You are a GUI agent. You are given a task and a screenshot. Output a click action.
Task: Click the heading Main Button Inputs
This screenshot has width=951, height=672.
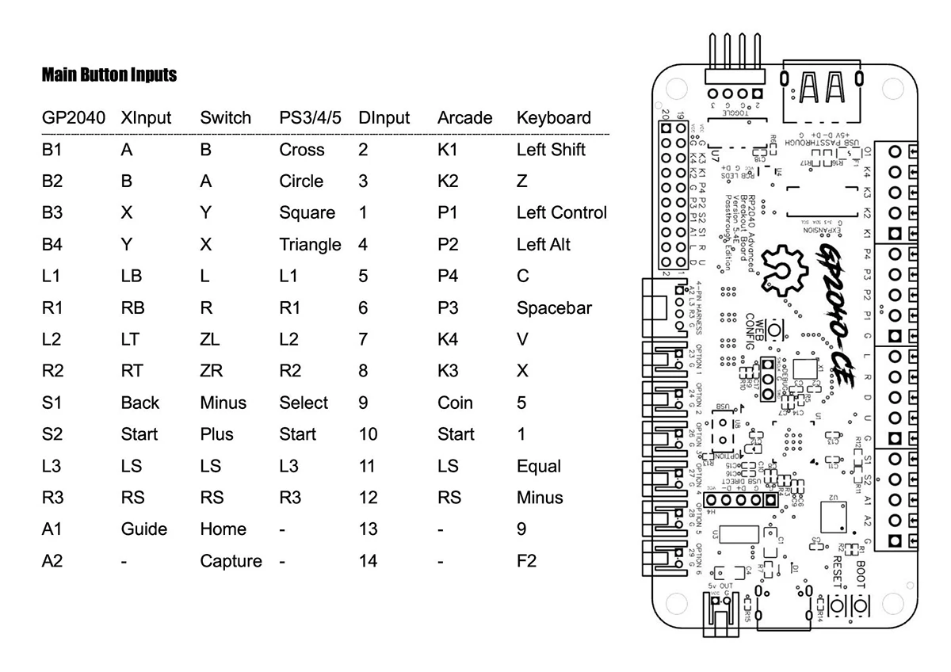tap(109, 75)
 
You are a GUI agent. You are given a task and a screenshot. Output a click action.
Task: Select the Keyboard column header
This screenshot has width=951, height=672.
tap(553, 118)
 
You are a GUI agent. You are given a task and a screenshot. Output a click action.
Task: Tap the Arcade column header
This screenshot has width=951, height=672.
tap(464, 118)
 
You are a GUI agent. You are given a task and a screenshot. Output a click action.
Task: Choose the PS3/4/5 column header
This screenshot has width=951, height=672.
tap(310, 118)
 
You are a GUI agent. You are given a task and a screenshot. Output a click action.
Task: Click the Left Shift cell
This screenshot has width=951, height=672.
tap(551, 149)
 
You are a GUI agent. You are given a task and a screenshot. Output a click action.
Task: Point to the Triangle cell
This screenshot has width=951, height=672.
tap(310, 244)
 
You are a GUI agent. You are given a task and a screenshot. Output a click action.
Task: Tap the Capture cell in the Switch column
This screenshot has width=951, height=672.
tap(231, 561)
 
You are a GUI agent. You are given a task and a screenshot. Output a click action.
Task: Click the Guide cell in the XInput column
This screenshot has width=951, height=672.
tap(144, 529)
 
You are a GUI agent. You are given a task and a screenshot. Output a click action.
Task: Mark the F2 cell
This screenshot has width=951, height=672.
tap(526, 561)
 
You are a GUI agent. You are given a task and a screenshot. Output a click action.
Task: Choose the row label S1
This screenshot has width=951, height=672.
tap(52, 403)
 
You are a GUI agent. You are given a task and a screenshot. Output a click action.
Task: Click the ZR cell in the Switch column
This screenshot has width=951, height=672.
tap(212, 371)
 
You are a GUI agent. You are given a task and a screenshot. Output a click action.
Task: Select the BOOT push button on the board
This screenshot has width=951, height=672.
tap(861, 606)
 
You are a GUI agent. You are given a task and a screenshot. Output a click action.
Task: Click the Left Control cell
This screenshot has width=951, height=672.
tap(561, 212)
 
